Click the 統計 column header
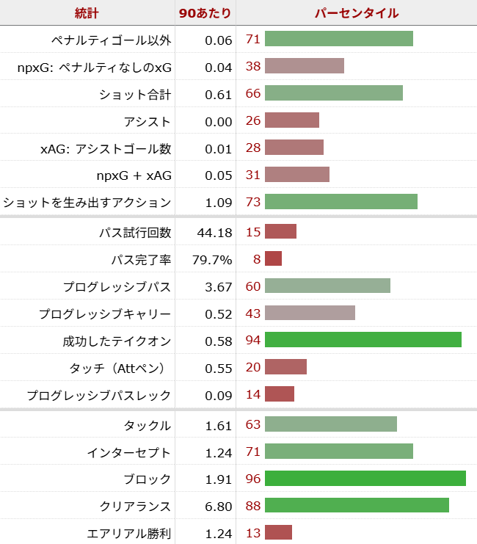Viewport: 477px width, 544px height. click(87, 13)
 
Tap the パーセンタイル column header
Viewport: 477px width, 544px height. click(357, 13)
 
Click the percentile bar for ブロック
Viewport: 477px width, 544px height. click(365, 479)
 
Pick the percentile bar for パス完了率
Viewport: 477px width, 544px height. click(273, 258)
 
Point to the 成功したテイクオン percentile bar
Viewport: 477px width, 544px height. click(363, 340)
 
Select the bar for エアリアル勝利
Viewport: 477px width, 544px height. click(278, 533)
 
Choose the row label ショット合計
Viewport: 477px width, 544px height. click(135, 94)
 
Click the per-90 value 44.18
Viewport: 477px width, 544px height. click(214, 232)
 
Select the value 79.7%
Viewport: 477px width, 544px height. click(212, 259)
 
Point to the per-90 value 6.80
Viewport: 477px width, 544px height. click(218, 506)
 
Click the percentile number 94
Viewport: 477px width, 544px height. click(252, 340)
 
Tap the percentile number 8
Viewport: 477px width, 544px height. click(257, 258)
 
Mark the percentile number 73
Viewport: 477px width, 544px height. click(252, 202)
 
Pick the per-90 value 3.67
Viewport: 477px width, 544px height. click(218, 286)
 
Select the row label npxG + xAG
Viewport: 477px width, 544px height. click(134, 175)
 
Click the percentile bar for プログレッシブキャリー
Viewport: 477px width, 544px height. click(310, 313)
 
